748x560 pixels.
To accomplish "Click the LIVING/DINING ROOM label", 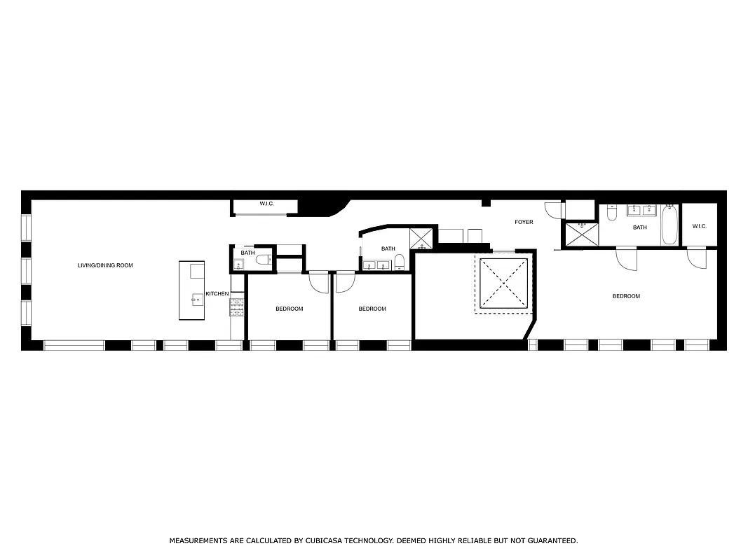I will (x=105, y=265).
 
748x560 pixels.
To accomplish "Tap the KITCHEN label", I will (x=217, y=293).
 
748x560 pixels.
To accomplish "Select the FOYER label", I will (x=524, y=222).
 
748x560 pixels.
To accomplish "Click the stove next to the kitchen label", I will (x=237, y=306).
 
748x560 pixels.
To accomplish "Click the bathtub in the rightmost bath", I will (x=669, y=225).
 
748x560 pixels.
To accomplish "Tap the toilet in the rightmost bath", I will (x=611, y=213).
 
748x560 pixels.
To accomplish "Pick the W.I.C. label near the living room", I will (x=266, y=204).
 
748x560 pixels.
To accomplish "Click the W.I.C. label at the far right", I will (x=699, y=226).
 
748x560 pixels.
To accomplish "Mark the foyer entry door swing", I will (x=554, y=209).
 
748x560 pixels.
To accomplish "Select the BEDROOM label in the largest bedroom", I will (x=626, y=296).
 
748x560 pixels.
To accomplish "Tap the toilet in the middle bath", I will (x=399, y=262).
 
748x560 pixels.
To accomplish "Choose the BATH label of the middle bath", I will (x=388, y=248).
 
